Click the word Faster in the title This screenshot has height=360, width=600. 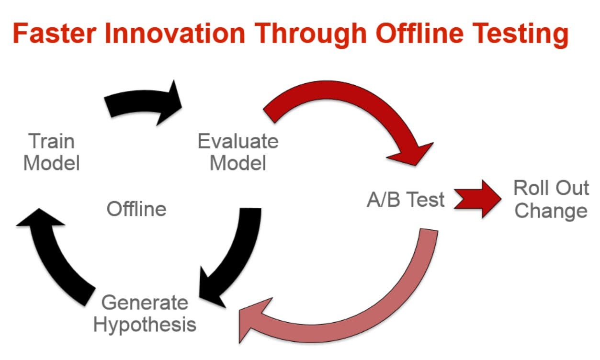pos(55,33)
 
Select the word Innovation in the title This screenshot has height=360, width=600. pos(175,33)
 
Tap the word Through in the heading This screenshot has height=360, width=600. pos(310,35)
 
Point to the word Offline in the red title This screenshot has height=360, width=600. pos(419,33)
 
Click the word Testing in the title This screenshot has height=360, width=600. pos(520,35)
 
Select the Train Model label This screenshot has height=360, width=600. pos(52,152)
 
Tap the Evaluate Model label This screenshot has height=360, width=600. pos(238,152)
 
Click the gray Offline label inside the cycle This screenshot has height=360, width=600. pos(136,209)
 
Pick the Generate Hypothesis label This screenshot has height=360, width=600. pos(145,314)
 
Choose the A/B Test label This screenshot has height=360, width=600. pos(406,199)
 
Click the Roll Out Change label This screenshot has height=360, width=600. pos(551,199)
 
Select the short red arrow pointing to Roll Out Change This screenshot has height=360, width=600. pos(477,199)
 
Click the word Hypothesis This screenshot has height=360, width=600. pos(145,325)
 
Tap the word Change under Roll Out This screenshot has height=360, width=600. pos(551,211)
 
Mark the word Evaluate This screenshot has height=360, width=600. pos(238,141)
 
